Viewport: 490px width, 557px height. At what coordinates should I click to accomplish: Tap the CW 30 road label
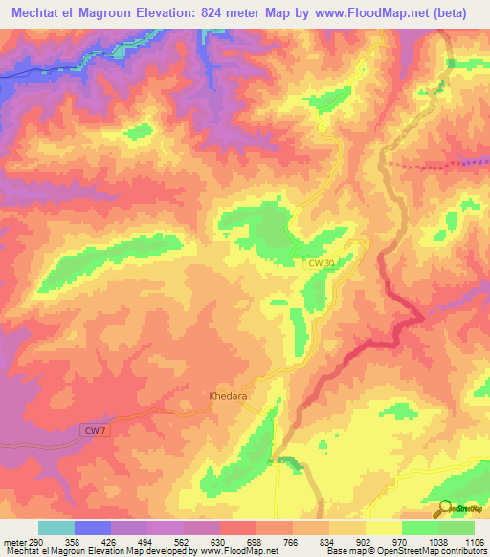point(323,261)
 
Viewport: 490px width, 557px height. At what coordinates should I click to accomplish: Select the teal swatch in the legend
point(56,527)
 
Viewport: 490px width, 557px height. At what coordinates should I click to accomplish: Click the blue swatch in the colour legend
point(93,527)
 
